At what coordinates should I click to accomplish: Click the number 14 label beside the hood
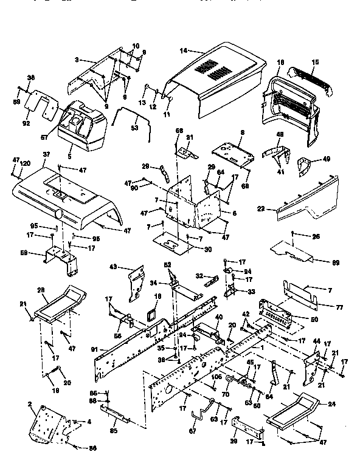pos(184,50)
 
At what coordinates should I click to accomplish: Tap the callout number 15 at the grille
pos(315,63)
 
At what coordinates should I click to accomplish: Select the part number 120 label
pos(26,164)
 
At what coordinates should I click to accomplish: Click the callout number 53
pos(134,129)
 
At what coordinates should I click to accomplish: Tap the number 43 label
pos(112,267)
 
